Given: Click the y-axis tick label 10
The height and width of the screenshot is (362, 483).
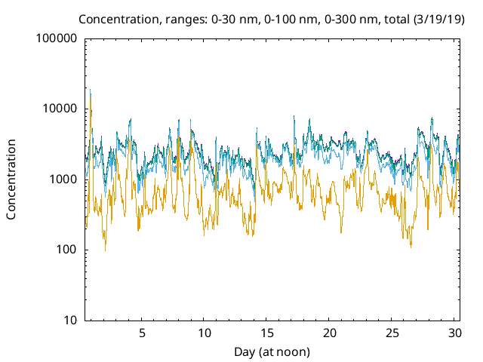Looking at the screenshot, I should point(69,321).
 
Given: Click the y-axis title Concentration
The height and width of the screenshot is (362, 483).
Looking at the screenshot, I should point(11,179).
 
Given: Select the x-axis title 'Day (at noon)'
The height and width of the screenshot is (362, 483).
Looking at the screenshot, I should point(272,351).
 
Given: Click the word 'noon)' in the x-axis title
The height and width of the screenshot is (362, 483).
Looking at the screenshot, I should point(294,351).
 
